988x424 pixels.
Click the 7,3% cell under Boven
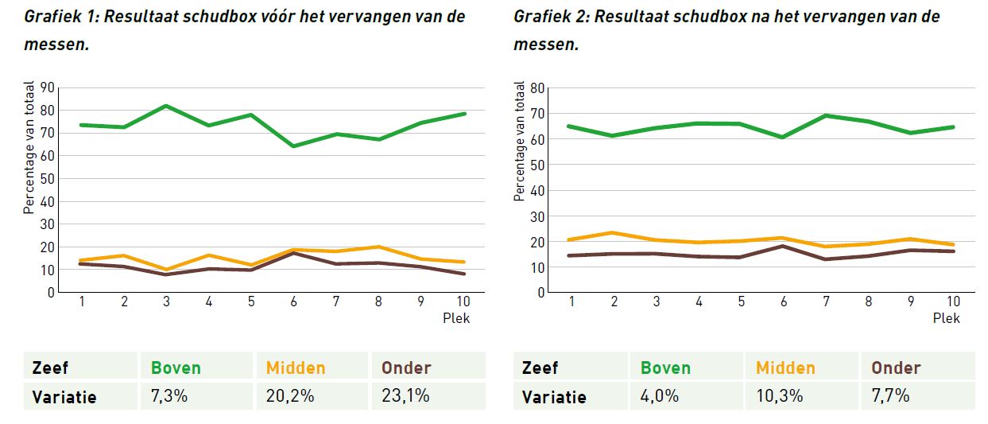coord(169,395)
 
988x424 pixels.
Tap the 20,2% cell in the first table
coord(287,395)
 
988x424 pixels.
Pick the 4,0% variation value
coord(660,395)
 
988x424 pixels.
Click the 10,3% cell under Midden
coord(780,395)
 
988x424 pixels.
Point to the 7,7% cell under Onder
coord(890,395)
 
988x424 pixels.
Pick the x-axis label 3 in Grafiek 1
coord(167,302)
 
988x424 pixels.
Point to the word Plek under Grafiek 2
coord(947,318)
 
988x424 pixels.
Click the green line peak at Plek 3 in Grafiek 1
coord(167,106)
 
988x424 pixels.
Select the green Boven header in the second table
coord(665,368)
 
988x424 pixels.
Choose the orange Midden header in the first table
coord(296,368)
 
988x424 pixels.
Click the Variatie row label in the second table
coord(554,396)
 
